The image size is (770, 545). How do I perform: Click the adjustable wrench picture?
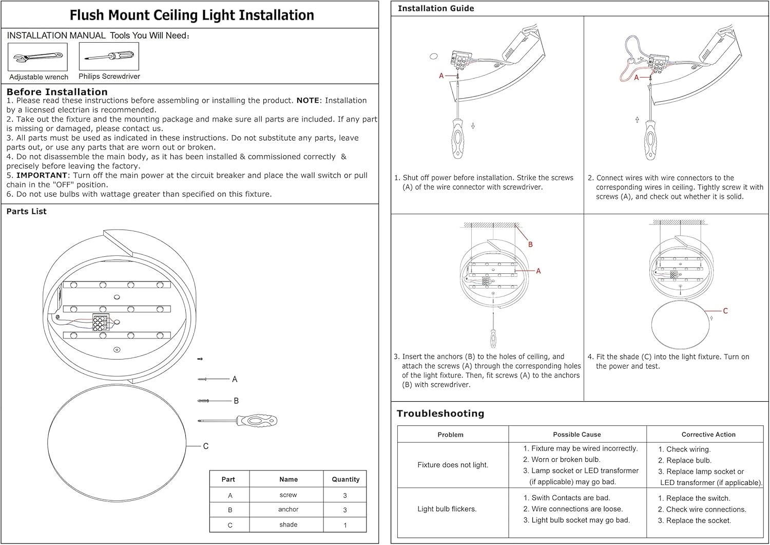(x=37, y=57)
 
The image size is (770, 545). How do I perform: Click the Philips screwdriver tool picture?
(x=109, y=57)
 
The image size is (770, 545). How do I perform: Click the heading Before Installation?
(x=57, y=92)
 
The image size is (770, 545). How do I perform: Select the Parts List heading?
(x=27, y=211)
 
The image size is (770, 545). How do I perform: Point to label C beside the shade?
(x=206, y=446)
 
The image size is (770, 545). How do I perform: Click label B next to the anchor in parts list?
(x=236, y=401)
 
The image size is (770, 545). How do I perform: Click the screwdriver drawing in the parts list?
(x=239, y=421)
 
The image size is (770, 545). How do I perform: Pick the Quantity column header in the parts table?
(x=345, y=479)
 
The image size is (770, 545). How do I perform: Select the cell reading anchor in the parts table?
(x=288, y=510)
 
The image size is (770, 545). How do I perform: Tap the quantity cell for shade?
(x=345, y=525)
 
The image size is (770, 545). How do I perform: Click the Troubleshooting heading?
(x=440, y=414)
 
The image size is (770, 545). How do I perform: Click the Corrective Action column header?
(x=708, y=435)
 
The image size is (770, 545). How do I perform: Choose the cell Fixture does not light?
(x=453, y=465)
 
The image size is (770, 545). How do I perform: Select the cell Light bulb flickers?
(x=447, y=509)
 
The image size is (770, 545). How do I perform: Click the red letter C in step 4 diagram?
(x=725, y=311)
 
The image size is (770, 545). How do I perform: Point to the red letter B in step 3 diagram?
(x=530, y=245)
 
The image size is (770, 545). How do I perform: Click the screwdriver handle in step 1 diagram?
(x=457, y=139)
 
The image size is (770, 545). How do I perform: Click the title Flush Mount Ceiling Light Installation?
(x=191, y=15)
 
